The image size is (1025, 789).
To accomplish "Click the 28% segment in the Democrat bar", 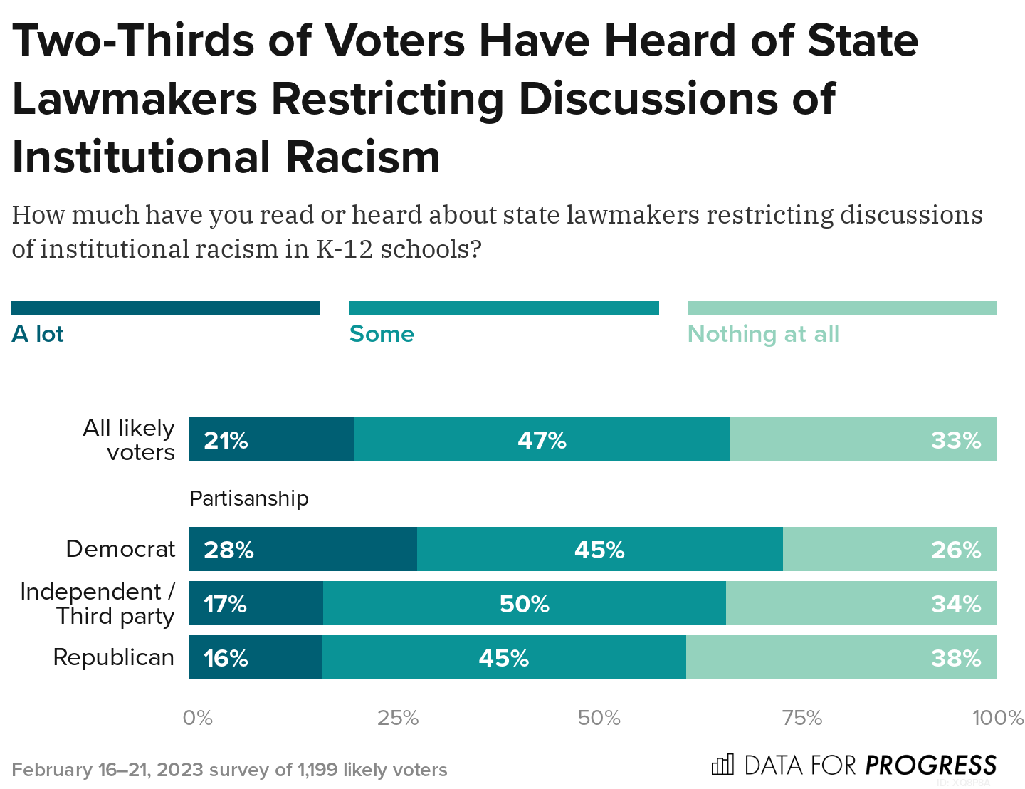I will (x=303, y=549).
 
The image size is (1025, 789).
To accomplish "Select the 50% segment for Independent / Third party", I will (x=525, y=604).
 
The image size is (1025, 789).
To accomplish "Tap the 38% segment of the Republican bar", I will (x=841, y=657).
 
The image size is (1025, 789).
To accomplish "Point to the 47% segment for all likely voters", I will (x=542, y=440).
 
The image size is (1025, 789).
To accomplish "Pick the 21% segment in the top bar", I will (x=272, y=440).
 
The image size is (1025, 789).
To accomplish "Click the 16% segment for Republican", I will (x=256, y=657).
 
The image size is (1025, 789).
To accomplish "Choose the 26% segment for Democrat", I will (x=890, y=549).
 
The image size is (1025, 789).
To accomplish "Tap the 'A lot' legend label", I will (x=38, y=334).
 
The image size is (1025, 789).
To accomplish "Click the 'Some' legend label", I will (x=382, y=334).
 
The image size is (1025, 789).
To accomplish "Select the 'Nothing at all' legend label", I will (x=763, y=334).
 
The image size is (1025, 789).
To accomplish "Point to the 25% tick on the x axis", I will (x=398, y=718).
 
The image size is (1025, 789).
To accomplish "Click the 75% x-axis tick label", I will (x=802, y=718).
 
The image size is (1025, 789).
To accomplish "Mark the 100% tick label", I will (x=998, y=718).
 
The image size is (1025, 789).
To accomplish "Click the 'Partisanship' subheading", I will (x=249, y=498).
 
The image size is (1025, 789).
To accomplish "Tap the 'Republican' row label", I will (x=114, y=657).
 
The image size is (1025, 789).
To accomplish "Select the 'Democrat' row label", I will (x=120, y=549).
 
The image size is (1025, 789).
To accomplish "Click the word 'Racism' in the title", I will (x=363, y=157).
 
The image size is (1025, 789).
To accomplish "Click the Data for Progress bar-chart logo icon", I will (x=722, y=765).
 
